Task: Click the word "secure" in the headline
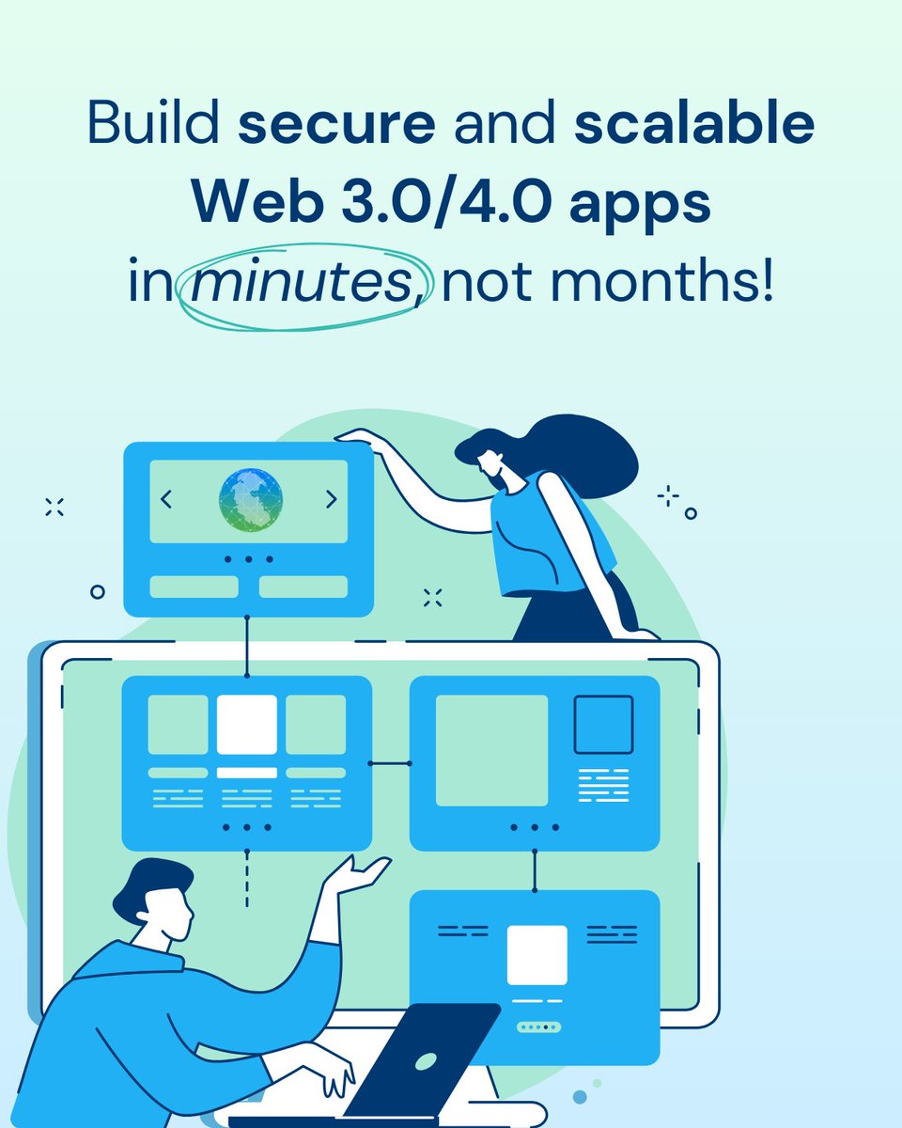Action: tap(335, 126)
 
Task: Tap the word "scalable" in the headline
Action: tap(693, 126)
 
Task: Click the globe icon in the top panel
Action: tap(249, 499)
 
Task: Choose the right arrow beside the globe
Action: tap(331, 500)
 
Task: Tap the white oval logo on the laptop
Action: tap(426, 1059)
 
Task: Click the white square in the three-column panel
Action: tap(247, 725)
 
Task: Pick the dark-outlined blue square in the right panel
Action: tap(603, 725)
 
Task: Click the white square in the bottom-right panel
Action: tap(537, 955)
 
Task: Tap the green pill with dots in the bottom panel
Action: tap(538, 1027)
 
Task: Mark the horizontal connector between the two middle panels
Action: tap(390, 763)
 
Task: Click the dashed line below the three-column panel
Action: tap(247, 878)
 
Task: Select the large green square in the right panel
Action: tap(491, 750)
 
